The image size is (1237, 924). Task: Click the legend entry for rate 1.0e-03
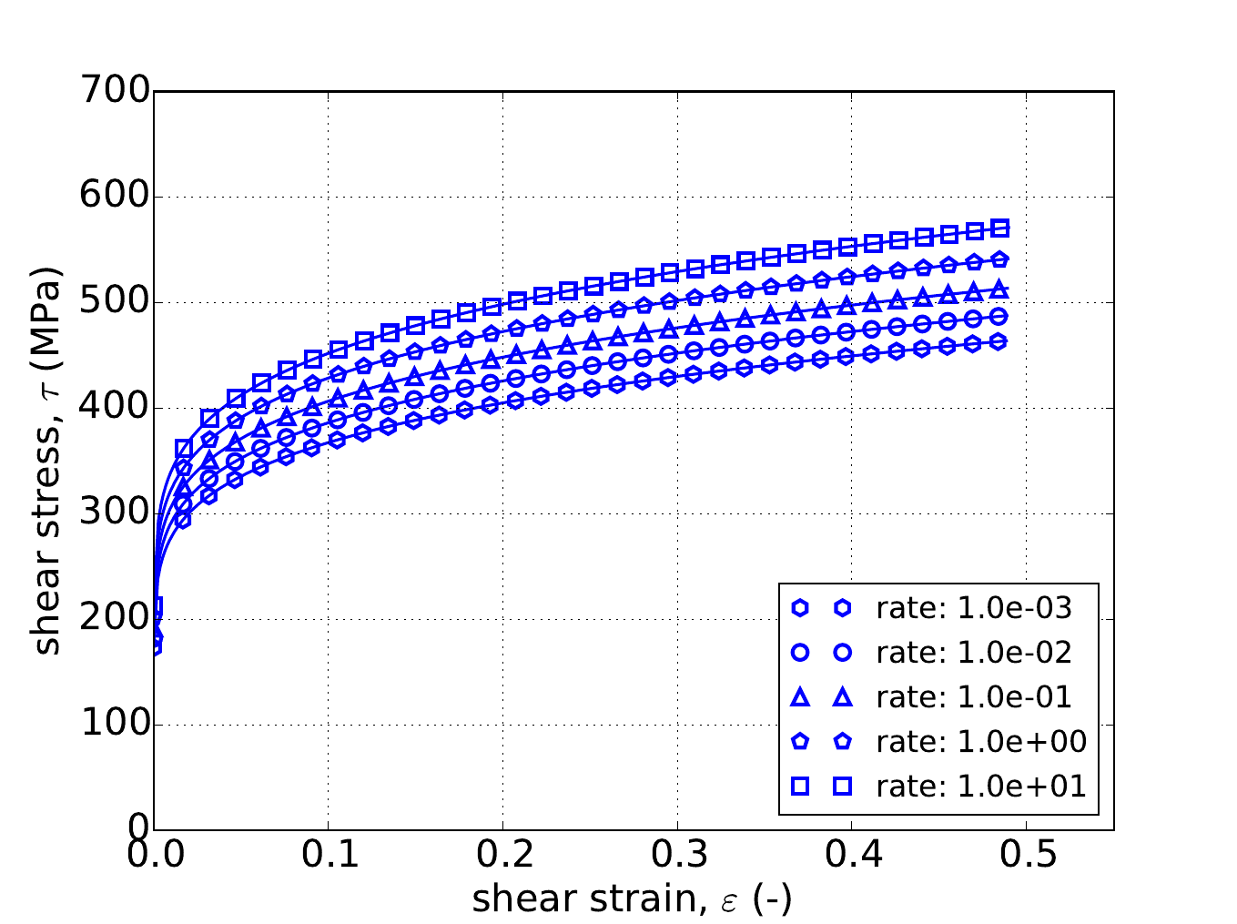[974, 608]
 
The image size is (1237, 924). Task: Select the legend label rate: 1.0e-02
[974, 653]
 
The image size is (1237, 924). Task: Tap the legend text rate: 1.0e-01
[974, 697]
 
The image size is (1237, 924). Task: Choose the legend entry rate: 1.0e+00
[981, 742]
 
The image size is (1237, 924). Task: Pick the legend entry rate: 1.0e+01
[981, 787]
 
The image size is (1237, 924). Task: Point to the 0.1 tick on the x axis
[329, 856]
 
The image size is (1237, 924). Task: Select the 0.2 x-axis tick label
[502, 856]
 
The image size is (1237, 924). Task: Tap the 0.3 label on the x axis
[677, 856]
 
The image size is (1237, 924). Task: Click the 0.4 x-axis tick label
[852, 856]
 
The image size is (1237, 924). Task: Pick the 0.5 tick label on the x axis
[1026, 856]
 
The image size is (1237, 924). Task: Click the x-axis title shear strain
[632, 899]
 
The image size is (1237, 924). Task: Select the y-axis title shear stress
[47, 460]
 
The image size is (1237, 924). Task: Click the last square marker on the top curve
[1000, 228]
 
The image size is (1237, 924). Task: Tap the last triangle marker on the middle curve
[999, 289]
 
